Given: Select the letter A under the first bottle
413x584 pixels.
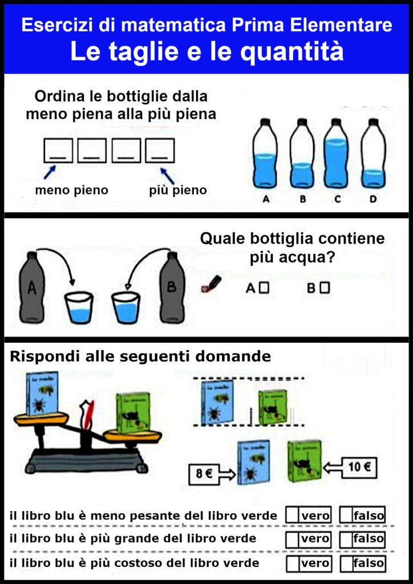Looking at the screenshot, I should point(265,199).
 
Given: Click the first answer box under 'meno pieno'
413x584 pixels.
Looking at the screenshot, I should point(58,151).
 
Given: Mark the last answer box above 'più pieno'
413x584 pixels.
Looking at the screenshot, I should point(160,151).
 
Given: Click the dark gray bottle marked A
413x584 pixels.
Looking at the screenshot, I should point(32,287).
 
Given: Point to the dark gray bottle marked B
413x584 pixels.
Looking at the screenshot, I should point(172,287).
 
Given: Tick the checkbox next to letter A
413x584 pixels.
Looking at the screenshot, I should point(264,288).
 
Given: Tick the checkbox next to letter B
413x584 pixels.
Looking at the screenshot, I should point(325,288).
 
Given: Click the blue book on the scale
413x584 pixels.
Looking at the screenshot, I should point(42,394).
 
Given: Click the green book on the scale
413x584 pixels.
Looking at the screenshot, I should point(133,412).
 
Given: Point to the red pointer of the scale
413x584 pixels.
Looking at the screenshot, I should point(87,413).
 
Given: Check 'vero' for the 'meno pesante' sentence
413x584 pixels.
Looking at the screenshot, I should point(293,516).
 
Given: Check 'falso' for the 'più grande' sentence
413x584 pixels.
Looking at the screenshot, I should point(346,538).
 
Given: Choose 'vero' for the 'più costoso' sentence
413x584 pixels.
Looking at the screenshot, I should point(293,563).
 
